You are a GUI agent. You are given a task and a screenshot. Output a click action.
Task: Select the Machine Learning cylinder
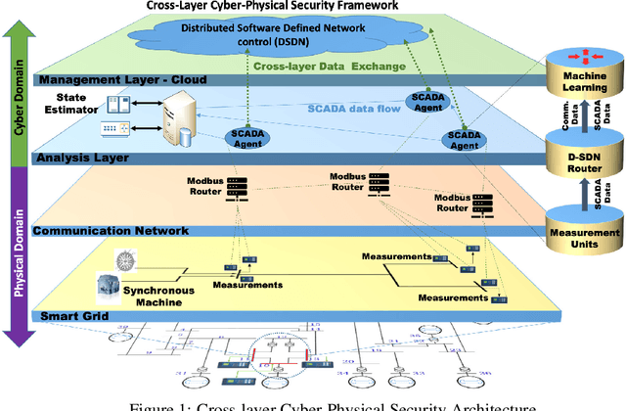[584, 79]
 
